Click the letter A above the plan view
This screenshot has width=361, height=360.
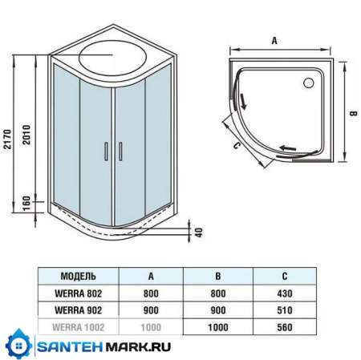coord(275,37)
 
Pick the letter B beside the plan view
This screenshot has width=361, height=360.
coord(351,113)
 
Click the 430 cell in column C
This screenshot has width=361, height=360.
coord(284,294)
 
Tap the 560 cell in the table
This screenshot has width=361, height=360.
coord(284,328)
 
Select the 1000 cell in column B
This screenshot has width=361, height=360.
coord(217,328)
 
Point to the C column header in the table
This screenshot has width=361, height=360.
coord(284,277)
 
